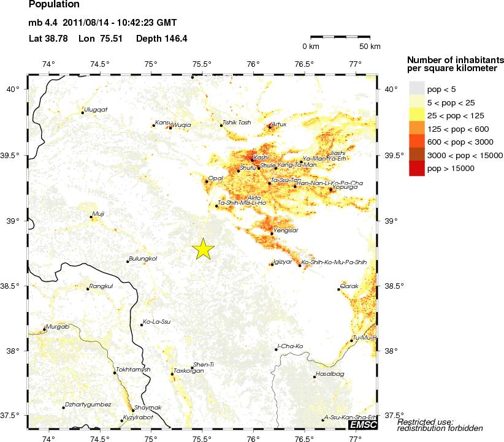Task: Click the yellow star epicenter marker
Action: coord(204,248)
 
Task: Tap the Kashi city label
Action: coord(261,157)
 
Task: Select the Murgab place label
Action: coord(56,327)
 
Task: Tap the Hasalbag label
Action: coord(330,374)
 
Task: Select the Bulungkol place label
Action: coord(143,259)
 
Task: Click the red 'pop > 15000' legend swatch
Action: coord(417,168)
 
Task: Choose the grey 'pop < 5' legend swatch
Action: coord(417,90)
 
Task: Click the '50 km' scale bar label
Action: coord(370,47)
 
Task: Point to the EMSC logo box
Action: coord(363,424)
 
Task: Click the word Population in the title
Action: coord(54,5)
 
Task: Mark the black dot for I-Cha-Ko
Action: coord(277,349)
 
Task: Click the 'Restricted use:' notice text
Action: coord(425,421)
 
